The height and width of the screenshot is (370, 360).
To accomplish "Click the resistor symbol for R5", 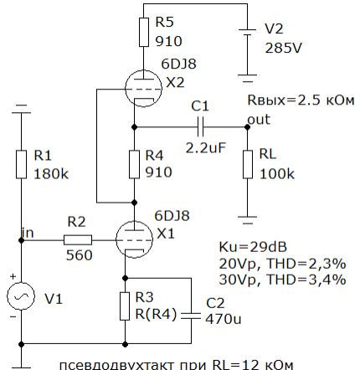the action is coord(144,32).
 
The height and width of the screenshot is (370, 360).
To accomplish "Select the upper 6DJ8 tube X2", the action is coord(143,89).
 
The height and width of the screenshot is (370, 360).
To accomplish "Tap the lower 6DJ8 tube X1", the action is coord(134,239).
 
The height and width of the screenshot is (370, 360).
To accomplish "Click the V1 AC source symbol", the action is coord(21,296).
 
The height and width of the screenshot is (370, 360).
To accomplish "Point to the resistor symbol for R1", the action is coord(21,164).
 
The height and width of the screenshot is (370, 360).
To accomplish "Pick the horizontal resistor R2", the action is coord(78,239).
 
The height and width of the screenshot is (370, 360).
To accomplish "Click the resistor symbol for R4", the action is coord(134,164).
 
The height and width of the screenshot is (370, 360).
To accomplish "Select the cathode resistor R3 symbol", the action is coord(125,306).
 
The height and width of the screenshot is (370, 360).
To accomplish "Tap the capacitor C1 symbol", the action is coord(200,127).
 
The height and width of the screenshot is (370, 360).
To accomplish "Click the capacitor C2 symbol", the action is coord(191,316).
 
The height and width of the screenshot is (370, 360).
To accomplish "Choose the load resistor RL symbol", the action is coord(248,164).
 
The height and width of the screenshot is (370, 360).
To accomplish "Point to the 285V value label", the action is coord(283,48).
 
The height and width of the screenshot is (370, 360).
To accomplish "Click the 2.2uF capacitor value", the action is coord(205,147).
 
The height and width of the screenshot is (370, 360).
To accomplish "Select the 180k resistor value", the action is coord(51,174).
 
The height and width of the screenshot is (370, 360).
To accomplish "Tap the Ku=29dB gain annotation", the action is coord(253,247).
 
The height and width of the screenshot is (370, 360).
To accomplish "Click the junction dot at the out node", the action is coord(247,127).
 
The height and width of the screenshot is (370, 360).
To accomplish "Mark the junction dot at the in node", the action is coord(21,240).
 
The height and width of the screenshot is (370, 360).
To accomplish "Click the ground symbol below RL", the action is coord(247,220).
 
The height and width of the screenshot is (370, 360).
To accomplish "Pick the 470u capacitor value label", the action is coord(224,319).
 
